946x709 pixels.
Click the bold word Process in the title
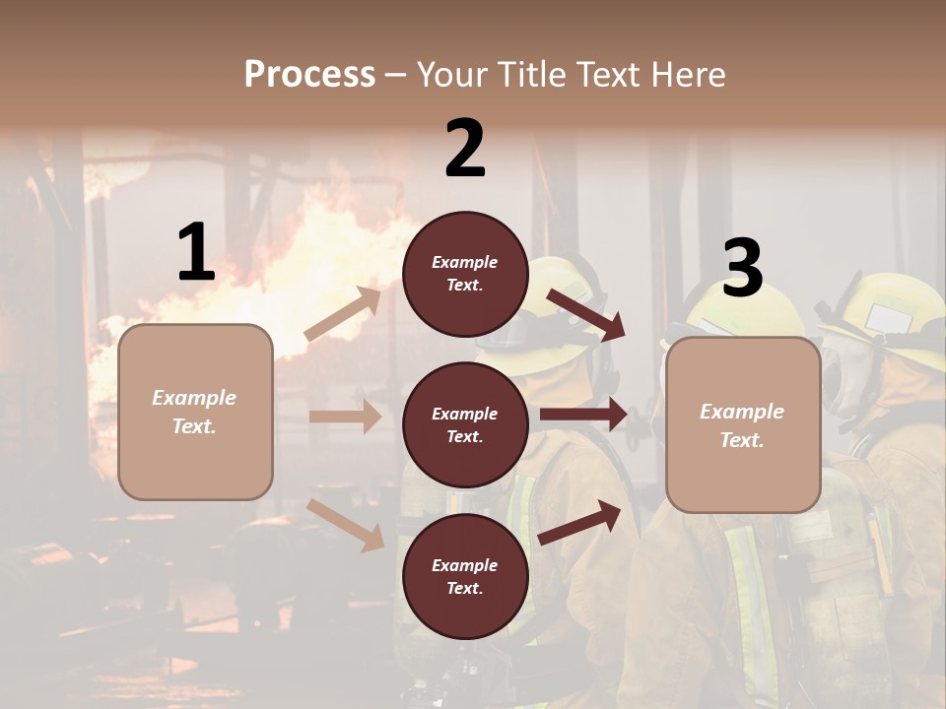[x=309, y=75]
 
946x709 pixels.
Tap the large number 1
[x=196, y=253]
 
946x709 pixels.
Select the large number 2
[x=465, y=149]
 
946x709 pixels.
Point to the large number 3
[x=743, y=269]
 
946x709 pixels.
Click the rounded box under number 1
[x=195, y=412]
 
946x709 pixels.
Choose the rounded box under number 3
[x=743, y=424]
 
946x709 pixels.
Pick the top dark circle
[x=465, y=274]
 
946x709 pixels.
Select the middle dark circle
[x=465, y=424]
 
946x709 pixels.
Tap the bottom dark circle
[x=465, y=576]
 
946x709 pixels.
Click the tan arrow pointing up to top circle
[x=343, y=313]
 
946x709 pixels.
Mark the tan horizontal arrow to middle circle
[x=345, y=417]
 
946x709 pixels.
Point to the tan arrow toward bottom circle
[x=346, y=525]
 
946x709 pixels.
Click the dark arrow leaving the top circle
[x=585, y=314]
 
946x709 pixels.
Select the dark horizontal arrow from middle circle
[x=583, y=415]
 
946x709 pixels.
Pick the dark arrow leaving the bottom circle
[x=579, y=523]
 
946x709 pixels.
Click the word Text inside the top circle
[x=465, y=286]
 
